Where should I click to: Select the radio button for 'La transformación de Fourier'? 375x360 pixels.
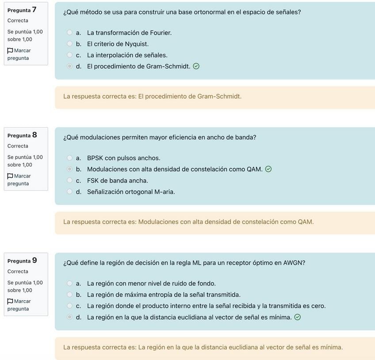click(x=69, y=32)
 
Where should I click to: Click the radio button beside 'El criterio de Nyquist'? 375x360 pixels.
click(x=69, y=44)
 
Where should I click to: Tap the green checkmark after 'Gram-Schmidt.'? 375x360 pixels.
click(x=196, y=66)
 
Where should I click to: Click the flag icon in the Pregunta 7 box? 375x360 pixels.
click(x=10, y=50)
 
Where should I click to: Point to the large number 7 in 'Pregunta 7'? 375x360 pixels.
click(x=34, y=9)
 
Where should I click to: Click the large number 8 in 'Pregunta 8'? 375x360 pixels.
click(x=34, y=135)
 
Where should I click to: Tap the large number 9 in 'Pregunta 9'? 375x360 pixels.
click(x=34, y=260)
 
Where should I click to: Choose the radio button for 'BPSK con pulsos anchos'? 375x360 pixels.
click(x=69, y=158)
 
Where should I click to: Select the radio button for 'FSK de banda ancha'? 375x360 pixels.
click(x=69, y=180)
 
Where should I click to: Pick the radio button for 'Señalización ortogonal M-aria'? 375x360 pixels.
click(x=69, y=192)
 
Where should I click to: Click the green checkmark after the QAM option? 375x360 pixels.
click(x=268, y=169)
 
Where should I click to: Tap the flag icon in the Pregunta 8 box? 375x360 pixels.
click(x=10, y=176)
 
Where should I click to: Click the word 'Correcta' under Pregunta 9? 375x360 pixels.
click(x=18, y=271)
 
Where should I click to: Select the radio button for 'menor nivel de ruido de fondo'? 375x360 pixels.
click(x=69, y=283)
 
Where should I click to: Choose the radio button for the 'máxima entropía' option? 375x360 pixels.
click(x=69, y=294)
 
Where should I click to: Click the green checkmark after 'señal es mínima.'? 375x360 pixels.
click(x=298, y=317)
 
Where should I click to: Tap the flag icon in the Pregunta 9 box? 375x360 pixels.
click(x=10, y=302)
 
